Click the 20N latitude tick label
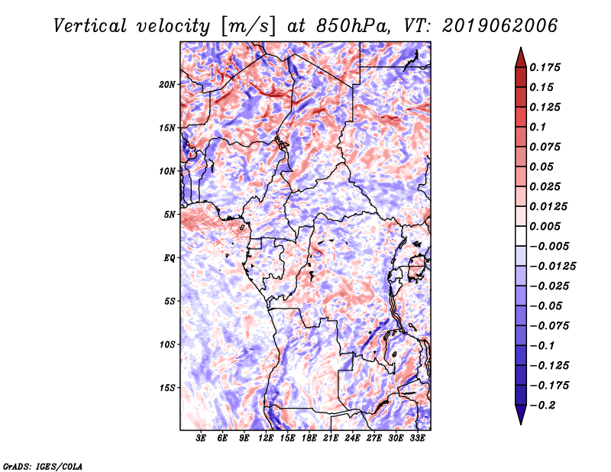[x=167, y=84]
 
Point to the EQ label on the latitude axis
[x=169, y=258]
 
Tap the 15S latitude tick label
[x=167, y=388]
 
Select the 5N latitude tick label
[x=170, y=215]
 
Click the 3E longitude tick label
[x=202, y=438]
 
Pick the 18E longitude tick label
[x=309, y=438]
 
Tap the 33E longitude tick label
[x=417, y=438]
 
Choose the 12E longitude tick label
[x=267, y=438]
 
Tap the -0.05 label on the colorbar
[x=545, y=306]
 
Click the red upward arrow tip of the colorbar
[x=519, y=55]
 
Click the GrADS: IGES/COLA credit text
[x=43, y=465]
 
